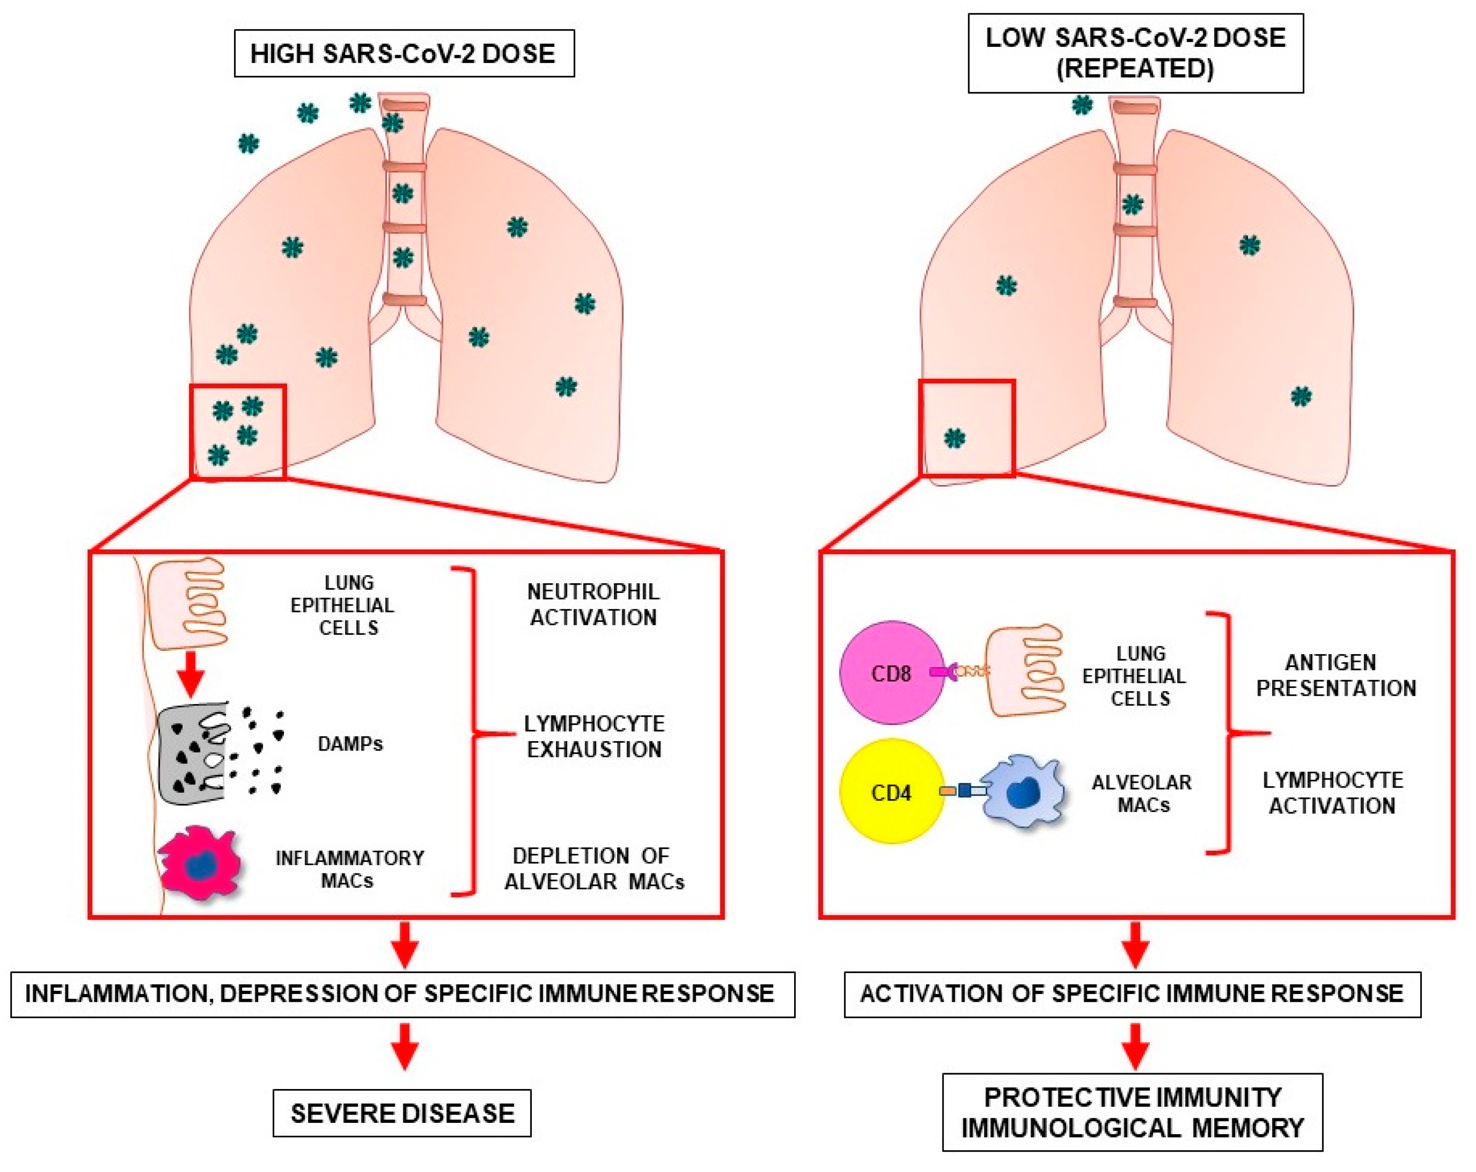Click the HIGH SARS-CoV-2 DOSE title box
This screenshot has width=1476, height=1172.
click(x=404, y=53)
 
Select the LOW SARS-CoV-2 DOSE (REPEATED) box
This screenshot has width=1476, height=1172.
click(x=1135, y=53)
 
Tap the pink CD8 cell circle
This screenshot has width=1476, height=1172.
click(x=891, y=673)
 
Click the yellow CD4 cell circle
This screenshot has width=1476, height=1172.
click(x=891, y=792)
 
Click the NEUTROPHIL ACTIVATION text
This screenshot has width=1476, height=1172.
click(x=593, y=604)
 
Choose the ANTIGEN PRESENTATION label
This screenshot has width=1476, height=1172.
click(x=1335, y=675)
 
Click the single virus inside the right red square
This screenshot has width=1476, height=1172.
click(x=954, y=438)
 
